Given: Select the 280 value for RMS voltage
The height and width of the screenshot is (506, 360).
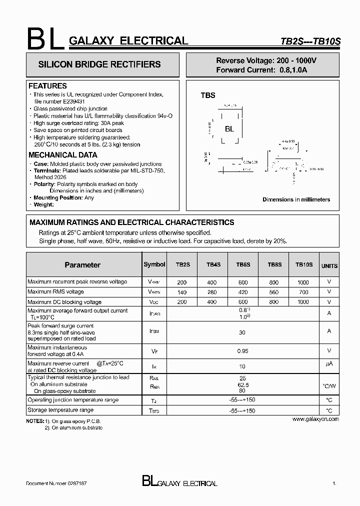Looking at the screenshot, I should pyautogui.click(x=212, y=292).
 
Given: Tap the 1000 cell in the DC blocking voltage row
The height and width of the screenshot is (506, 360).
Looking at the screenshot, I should pyautogui.click(x=303, y=302).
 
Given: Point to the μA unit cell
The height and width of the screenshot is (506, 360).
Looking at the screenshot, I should pyautogui.click(x=329, y=363).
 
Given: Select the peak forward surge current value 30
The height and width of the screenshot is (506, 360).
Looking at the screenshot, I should pyautogui.click(x=243, y=332).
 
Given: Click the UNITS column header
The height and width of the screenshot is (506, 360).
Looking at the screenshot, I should pyautogui.click(x=329, y=266).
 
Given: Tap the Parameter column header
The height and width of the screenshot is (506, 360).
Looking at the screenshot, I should pyautogui.click(x=82, y=265).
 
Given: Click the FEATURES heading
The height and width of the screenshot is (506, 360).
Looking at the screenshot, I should pyautogui.click(x=47, y=86).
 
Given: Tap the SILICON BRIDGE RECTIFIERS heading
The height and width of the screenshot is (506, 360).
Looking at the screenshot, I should pyautogui.click(x=99, y=64).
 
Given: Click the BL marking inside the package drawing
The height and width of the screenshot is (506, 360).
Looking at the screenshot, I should pyautogui.click(x=229, y=129).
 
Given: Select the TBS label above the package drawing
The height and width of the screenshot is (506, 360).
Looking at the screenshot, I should pyautogui.click(x=208, y=95).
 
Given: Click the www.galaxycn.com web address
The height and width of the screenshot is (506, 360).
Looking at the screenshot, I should pyautogui.click(x=315, y=419).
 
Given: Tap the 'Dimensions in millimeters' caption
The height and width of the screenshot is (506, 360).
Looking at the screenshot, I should pyautogui.click(x=296, y=199).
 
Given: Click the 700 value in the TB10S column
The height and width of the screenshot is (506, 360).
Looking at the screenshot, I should pyautogui.click(x=303, y=292).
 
